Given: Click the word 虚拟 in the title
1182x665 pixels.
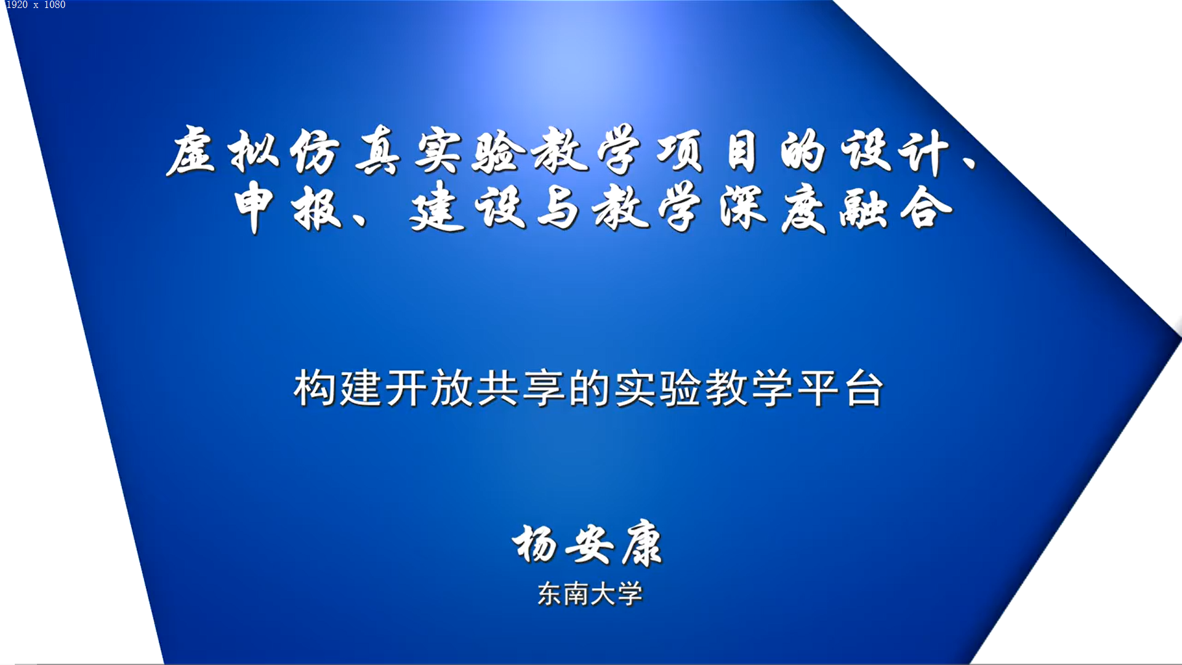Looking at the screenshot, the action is click(223, 150).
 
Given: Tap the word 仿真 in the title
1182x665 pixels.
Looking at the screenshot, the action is click(345, 150).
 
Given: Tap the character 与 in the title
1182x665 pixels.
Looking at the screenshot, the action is click(557, 208).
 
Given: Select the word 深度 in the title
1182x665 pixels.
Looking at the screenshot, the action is click(773, 208).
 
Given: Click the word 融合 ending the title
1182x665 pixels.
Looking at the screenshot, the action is click(896, 208).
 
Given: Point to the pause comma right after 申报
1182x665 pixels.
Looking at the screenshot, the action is click(360, 219).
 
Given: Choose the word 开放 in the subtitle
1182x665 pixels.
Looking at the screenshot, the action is click(428, 389).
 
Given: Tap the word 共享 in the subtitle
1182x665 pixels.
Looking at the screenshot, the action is click(521, 389).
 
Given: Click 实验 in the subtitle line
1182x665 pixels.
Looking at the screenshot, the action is click(657, 389).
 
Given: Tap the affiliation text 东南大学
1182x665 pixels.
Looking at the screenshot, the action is click(590, 594).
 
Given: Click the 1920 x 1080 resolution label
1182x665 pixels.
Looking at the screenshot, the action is click(36, 5).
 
